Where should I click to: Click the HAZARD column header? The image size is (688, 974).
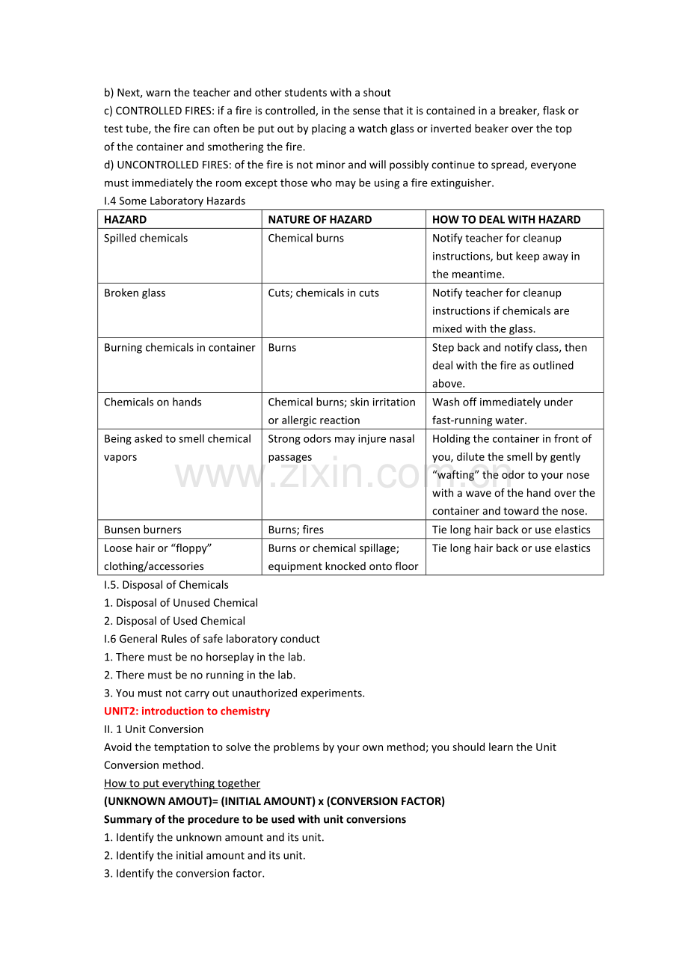tap(126, 219)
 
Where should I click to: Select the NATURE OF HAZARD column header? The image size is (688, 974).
tap(319, 219)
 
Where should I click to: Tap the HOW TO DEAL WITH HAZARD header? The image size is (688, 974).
tap(506, 219)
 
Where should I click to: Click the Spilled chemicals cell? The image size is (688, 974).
tap(146, 238)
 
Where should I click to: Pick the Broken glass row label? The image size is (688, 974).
tap(135, 292)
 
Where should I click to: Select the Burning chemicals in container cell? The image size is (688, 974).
tap(179, 347)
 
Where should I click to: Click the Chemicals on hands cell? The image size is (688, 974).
tap(153, 402)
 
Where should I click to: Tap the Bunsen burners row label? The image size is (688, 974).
tap(142, 529)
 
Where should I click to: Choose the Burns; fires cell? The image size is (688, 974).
tap(295, 529)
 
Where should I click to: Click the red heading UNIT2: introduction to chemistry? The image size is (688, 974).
tap(187, 711)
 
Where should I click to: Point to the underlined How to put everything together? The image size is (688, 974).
tap(182, 783)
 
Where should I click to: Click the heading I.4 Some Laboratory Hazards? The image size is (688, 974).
tap(174, 200)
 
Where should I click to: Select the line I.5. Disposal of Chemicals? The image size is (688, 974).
tap(166, 584)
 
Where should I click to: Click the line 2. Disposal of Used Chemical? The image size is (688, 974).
tap(174, 620)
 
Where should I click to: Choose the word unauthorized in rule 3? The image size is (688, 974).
tap(263, 693)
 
